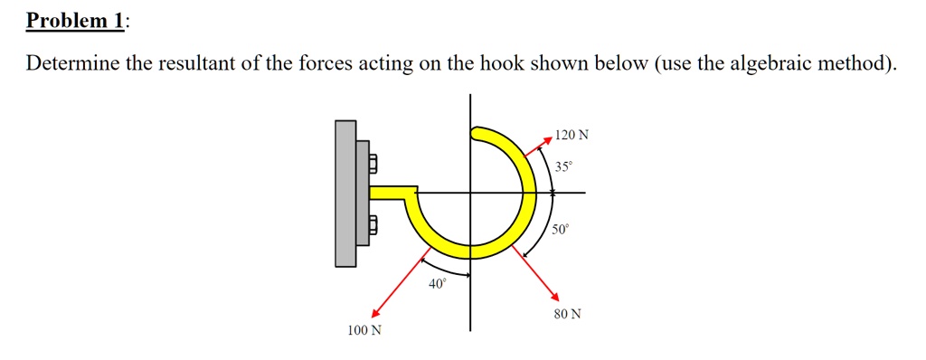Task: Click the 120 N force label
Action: (x=572, y=136)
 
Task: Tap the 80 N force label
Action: (x=568, y=315)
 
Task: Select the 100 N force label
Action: (x=364, y=331)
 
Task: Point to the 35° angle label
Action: (x=563, y=167)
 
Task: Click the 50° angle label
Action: (x=562, y=230)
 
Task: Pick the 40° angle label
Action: (x=437, y=284)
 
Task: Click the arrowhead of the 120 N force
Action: (x=548, y=140)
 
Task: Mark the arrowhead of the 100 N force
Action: (x=364, y=313)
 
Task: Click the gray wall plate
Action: (x=345, y=194)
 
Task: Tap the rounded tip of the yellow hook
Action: (x=477, y=134)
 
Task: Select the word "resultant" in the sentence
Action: (x=240, y=64)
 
